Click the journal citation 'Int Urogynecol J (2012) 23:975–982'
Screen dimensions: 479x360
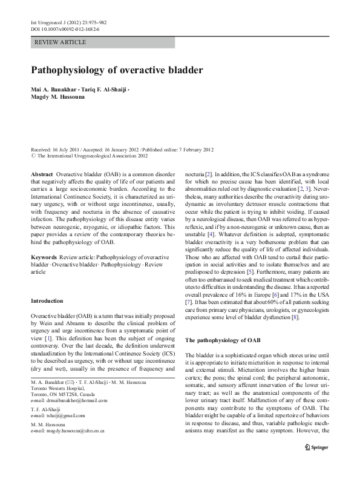pos(69,22)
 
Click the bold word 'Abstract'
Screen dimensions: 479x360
pos(42,173)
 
